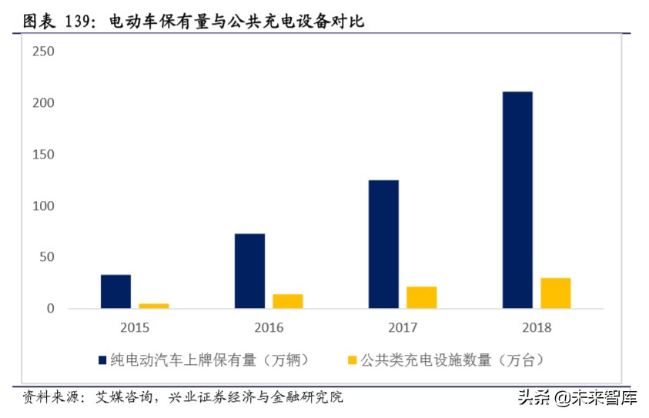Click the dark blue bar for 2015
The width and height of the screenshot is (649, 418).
(x=115, y=292)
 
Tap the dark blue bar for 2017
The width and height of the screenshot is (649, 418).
(x=383, y=244)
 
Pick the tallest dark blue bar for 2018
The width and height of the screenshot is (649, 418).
(x=517, y=200)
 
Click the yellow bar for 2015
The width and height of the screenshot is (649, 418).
(x=153, y=306)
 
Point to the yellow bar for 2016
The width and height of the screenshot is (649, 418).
(x=287, y=301)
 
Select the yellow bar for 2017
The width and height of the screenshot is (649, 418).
(x=421, y=297)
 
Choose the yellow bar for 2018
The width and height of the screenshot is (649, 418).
(x=555, y=293)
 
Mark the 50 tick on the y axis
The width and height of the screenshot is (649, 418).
(x=46, y=257)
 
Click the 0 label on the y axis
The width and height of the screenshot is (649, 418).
(x=50, y=309)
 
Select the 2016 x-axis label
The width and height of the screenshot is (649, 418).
(x=268, y=327)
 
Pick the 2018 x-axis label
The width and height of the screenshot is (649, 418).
(x=536, y=327)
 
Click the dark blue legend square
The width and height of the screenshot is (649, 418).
(x=102, y=359)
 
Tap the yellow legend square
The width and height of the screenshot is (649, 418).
(x=353, y=359)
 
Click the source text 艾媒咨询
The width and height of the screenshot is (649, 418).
(x=122, y=397)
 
